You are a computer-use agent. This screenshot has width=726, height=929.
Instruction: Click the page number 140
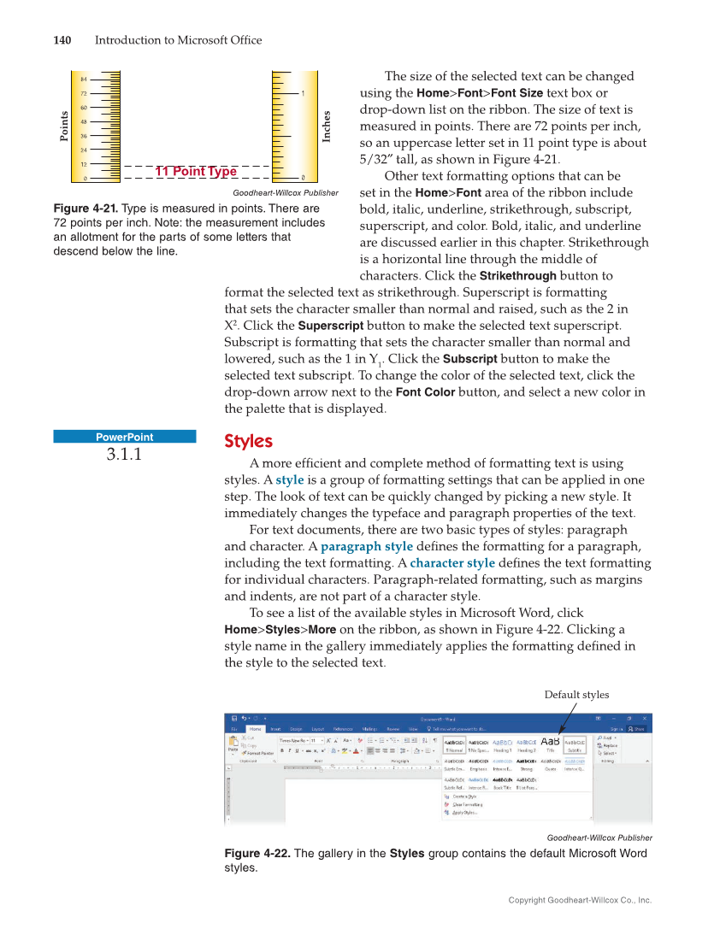(x=62, y=40)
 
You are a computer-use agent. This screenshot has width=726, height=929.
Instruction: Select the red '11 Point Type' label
(x=196, y=172)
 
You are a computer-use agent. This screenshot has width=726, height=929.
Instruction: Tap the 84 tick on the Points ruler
(x=84, y=79)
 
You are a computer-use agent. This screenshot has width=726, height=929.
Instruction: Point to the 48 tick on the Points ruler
(x=84, y=121)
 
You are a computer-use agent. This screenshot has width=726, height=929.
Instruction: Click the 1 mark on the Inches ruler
(x=304, y=92)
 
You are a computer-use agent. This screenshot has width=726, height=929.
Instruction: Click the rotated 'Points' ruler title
(x=64, y=126)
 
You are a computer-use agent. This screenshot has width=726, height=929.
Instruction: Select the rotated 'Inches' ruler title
(x=327, y=126)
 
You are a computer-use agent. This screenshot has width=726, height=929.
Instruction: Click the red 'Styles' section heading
(x=248, y=442)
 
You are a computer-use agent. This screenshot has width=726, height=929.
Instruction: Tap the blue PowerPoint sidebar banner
(x=125, y=437)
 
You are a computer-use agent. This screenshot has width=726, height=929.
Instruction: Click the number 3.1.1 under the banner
(x=124, y=455)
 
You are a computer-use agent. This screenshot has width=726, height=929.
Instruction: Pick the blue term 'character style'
(x=452, y=563)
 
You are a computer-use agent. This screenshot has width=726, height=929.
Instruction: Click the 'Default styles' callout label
(x=576, y=695)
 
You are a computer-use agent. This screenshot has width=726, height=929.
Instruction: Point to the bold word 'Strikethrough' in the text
(x=517, y=276)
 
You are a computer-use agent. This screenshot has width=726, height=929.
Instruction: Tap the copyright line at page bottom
(x=580, y=900)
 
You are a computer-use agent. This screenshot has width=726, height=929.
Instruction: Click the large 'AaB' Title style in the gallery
(x=551, y=742)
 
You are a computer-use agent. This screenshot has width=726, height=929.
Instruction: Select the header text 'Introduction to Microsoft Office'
(x=178, y=40)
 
